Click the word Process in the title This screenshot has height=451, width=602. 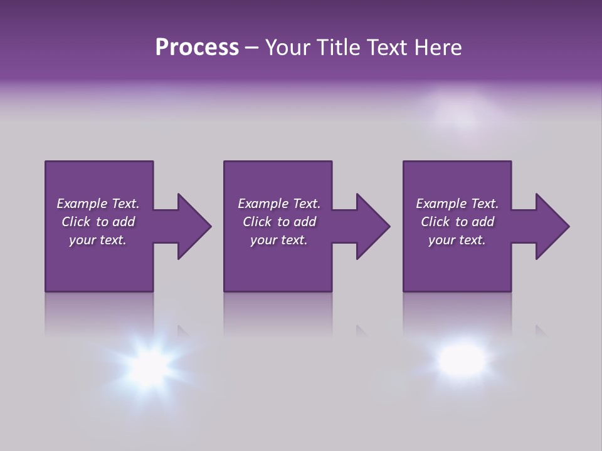pos(196,48)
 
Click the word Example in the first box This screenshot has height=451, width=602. pos(82,204)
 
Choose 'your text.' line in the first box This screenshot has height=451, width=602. pos(97,240)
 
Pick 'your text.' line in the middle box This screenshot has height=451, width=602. pos(278,240)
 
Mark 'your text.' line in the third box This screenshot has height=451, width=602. pos(457,240)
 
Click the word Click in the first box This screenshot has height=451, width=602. pos(76,222)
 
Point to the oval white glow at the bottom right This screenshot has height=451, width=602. pos(462,358)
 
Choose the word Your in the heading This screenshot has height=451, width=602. pos(287,48)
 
